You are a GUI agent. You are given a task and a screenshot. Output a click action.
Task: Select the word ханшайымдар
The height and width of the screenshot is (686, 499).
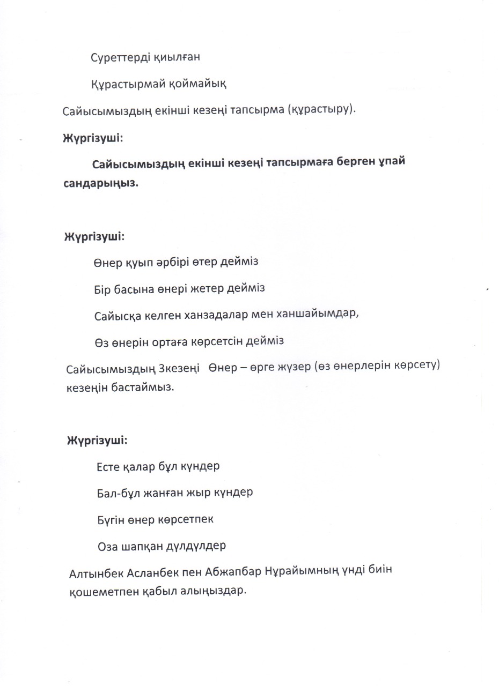(317, 315)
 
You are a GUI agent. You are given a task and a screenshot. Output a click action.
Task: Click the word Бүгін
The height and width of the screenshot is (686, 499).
(111, 519)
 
